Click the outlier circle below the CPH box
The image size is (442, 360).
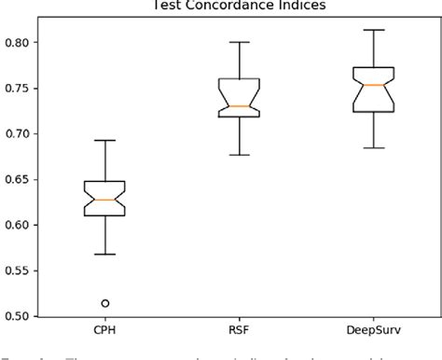[105, 303]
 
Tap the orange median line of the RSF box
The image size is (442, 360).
[240, 106]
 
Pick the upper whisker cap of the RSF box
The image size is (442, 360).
[240, 42]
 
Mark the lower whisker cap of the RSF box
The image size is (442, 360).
[240, 155]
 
